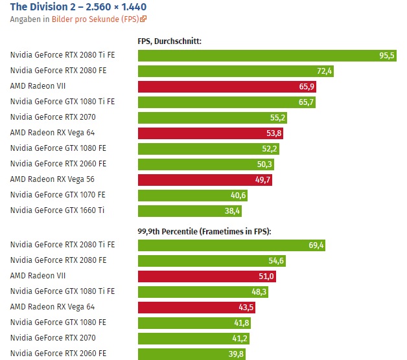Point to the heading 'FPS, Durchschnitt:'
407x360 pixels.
coord(169,41)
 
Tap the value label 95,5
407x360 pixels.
coord(386,56)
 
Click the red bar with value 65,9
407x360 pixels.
coord(227,86)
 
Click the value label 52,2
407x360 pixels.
coord(270,148)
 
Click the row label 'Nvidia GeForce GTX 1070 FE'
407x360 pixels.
coord(58,195)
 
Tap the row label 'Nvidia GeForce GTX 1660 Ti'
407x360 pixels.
coord(58,210)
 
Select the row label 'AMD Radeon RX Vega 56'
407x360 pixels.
coord(52,179)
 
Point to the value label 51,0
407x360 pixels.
coord(266,276)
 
